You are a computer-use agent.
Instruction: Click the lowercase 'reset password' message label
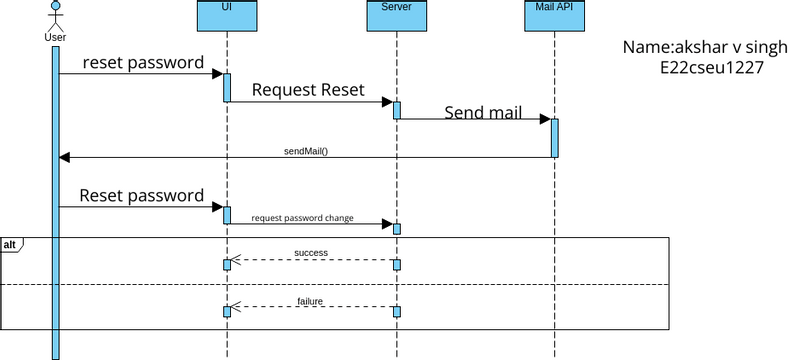pyautogui.click(x=144, y=62)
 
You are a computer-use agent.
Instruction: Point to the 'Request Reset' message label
pyautogui.click(x=307, y=90)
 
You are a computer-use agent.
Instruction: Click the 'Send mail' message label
pyautogui.click(x=483, y=111)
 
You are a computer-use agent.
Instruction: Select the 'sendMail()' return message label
pyautogui.click(x=306, y=151)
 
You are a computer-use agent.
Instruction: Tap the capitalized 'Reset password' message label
pyautogui.click(x=141, y=195)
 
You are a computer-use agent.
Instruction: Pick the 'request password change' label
pyautogui.click(x=302, y=217)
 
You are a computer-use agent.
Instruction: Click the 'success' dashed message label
pyautogui.click(x=311, y=253)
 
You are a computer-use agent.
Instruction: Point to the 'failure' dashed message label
pyautogui.click(x=310, y=300)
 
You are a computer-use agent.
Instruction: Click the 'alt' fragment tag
pyautogui.click(x=10, y=245)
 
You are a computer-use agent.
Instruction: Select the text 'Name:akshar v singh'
pyautogui.click(x=705, y=47)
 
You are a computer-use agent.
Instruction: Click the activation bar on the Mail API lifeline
pyautogui.click(x=554, y=138)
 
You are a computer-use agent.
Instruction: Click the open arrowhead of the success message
pyautogui.click(x=237, y=260)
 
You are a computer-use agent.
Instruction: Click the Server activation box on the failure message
pyautogui.click(x=396, y=311)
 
